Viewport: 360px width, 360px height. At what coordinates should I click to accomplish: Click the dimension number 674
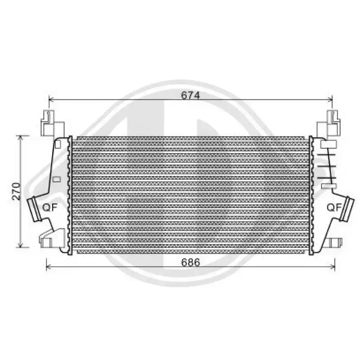[x=190, y=95]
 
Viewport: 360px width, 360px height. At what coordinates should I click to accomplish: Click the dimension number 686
[x=190, y=262]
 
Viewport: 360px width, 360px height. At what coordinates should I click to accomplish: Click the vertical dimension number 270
[x=16, y=191]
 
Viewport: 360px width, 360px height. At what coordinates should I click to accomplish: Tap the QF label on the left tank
[x=50, y=207]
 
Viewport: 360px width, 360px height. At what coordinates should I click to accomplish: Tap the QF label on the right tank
[x=334, y=207]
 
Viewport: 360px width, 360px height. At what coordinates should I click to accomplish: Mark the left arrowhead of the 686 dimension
[x=49, y=266]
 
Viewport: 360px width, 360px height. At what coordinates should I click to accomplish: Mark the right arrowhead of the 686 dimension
[x=333, y=266]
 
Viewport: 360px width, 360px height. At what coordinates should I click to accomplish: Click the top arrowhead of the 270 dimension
[x=21, y=138]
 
